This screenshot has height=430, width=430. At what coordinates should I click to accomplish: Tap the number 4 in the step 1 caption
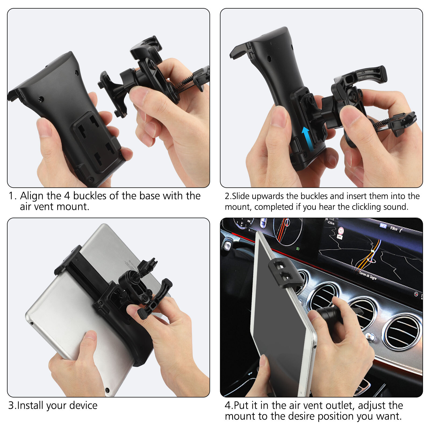tap(67, 196)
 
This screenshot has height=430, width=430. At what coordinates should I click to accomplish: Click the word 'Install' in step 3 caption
tap(31, 405)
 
